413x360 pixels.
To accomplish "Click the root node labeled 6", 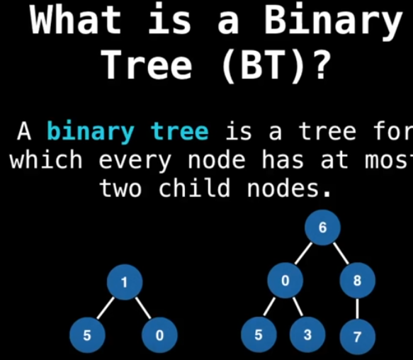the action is coord(322,227).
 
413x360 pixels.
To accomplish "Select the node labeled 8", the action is coord(358,281).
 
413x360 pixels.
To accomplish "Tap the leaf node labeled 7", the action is coord(358,337).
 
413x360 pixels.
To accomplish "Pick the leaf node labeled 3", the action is coord(307,335).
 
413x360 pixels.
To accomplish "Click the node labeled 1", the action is coord(125,282).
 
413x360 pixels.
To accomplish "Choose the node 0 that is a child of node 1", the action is coord(159,335).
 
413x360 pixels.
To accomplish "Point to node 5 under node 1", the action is coord(87,335).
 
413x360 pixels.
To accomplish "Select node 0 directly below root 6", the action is coord(285,281).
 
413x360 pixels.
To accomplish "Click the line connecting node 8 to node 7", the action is coord(358,308).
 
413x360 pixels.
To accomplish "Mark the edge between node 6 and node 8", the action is coord(341,253).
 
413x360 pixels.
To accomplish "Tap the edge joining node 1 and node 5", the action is coord(106,308).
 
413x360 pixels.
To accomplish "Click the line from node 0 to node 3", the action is coord(298,307).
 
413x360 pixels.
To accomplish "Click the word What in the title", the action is coord(76,19).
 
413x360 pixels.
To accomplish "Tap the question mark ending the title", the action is coord(320,64).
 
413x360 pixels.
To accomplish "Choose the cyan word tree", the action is coord(180,131).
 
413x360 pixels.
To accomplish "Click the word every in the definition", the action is coord(135,161).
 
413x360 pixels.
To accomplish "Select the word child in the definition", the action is coord(194,188).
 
